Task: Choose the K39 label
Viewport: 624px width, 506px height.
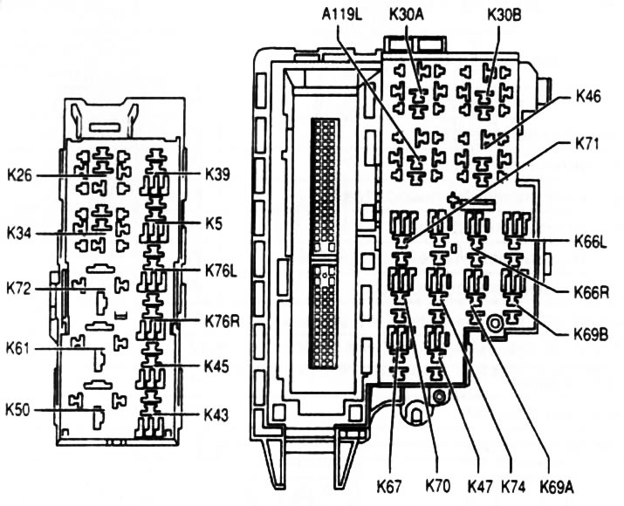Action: coord(219,173)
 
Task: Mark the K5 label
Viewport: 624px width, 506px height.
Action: coord(214,223)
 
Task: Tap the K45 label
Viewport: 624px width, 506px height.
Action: coord(217,366)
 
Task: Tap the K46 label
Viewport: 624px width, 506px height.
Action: coord(593,98)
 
